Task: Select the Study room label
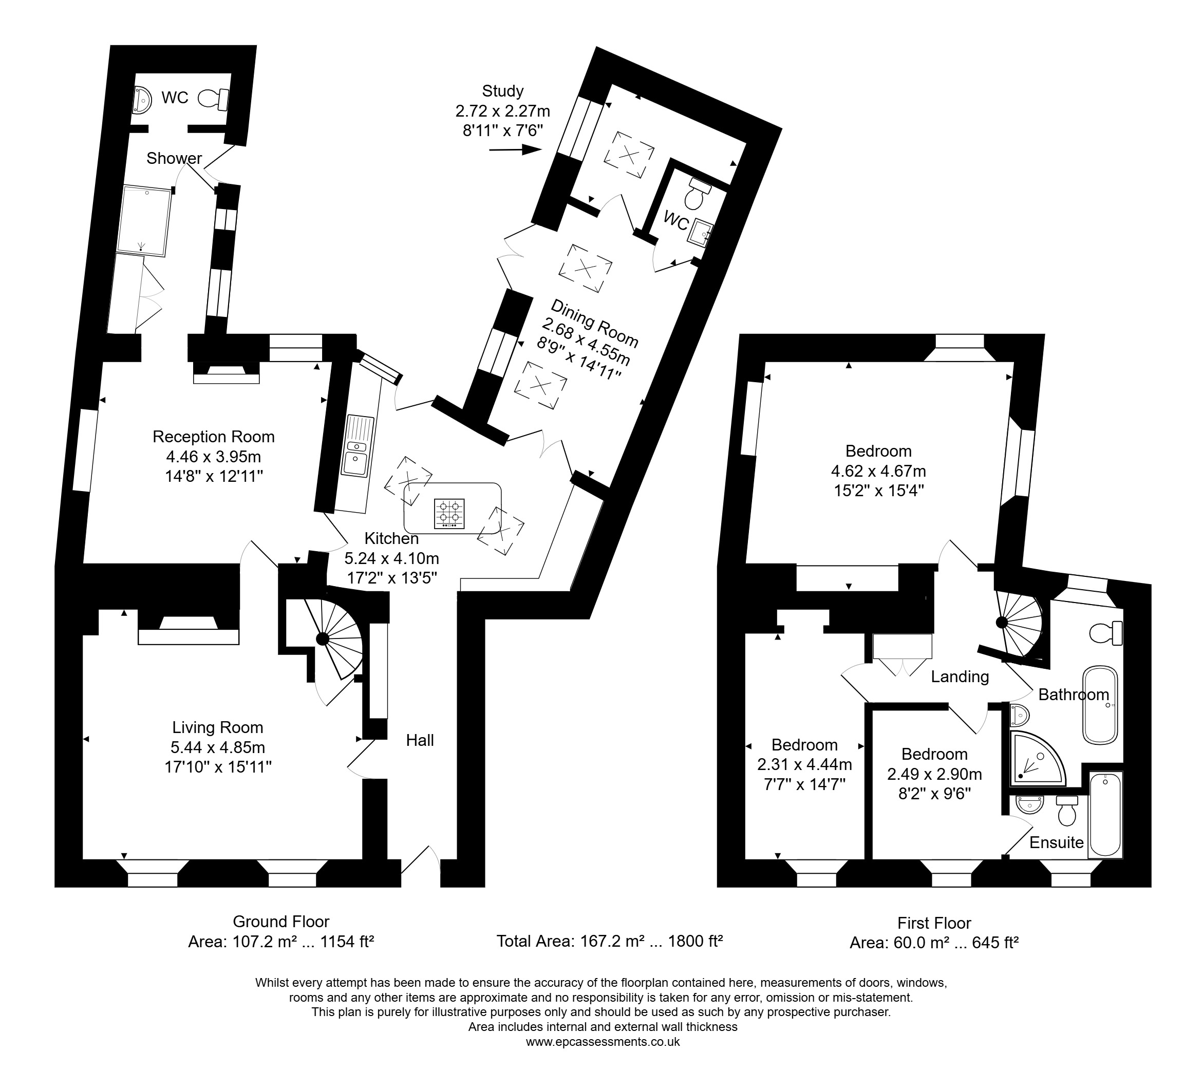click(x=502, y=91)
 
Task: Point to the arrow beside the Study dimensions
click(x=515, y=149)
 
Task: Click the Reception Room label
click(x=214, y=437)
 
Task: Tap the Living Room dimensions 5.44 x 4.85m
click(x=218, y=747)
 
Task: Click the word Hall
click(x=420, y=740)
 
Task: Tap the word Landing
click(x=960, y=677)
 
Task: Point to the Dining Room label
click(x=594, y=323)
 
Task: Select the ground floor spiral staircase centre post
click(x=322, y=640)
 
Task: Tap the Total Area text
click(x=609, y=941)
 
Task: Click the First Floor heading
click(x=934, y=923)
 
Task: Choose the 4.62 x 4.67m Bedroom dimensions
click(x=878, y=471)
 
